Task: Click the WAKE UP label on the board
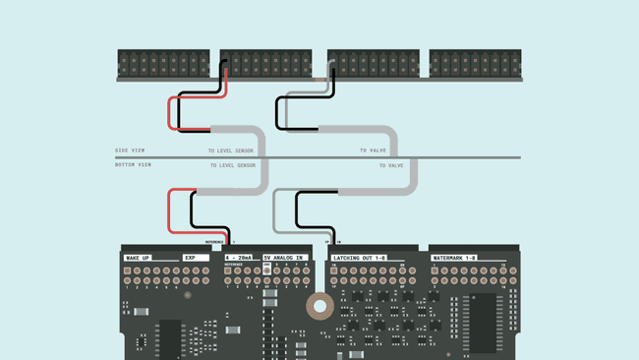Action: point(138,258)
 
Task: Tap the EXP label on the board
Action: point(191,258)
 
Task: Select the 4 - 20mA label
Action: point(238,258)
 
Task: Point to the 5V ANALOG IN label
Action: point(285,258)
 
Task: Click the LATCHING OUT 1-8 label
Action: point(360,258)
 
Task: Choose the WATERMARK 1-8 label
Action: point(456,258)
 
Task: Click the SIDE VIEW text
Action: point(133,150)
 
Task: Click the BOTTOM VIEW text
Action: point(135,164)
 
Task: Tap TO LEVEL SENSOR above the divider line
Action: point(230,151)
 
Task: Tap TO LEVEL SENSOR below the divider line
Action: point(232,165)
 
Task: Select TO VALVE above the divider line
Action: point(373,151)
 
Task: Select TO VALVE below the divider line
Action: point(391,165)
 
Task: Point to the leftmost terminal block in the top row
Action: point(163,64)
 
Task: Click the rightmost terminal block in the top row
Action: point(475,64)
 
